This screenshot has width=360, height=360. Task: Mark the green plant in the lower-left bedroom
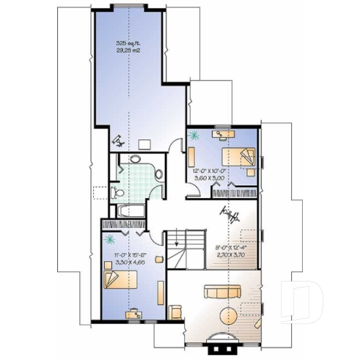pyautogui.click(x=109, y=239)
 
